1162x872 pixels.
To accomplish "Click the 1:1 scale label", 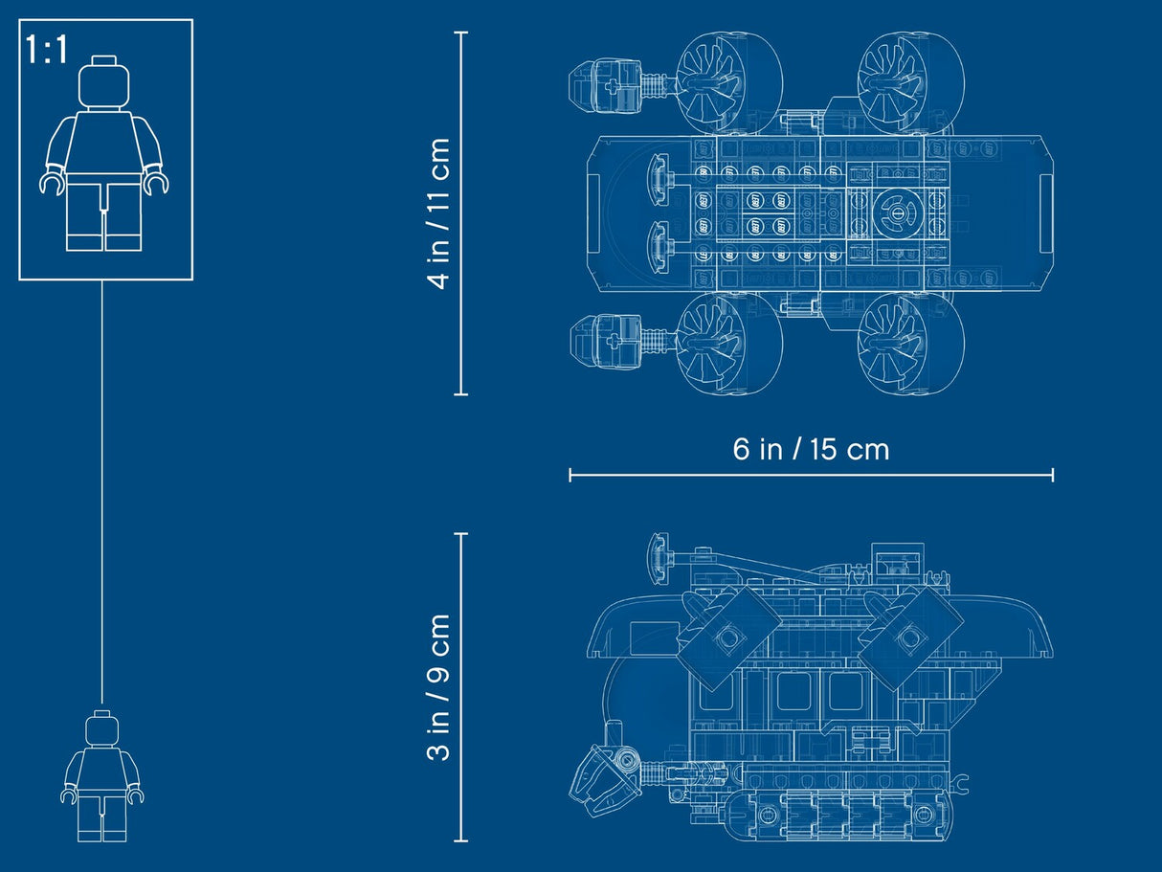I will (47, 49).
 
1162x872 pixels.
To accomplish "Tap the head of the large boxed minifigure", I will (103, 83).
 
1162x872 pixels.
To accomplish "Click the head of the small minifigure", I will (102, 730).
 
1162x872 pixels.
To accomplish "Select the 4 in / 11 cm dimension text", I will (439, 213).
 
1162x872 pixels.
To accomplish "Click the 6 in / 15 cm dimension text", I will (811, 449).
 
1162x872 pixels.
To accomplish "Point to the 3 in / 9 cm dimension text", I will (439, 687).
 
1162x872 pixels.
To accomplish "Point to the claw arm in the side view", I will (605, 777).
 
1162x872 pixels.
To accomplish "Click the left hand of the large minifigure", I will (52, 181).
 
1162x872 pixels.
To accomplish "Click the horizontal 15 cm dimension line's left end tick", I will (570, 475).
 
